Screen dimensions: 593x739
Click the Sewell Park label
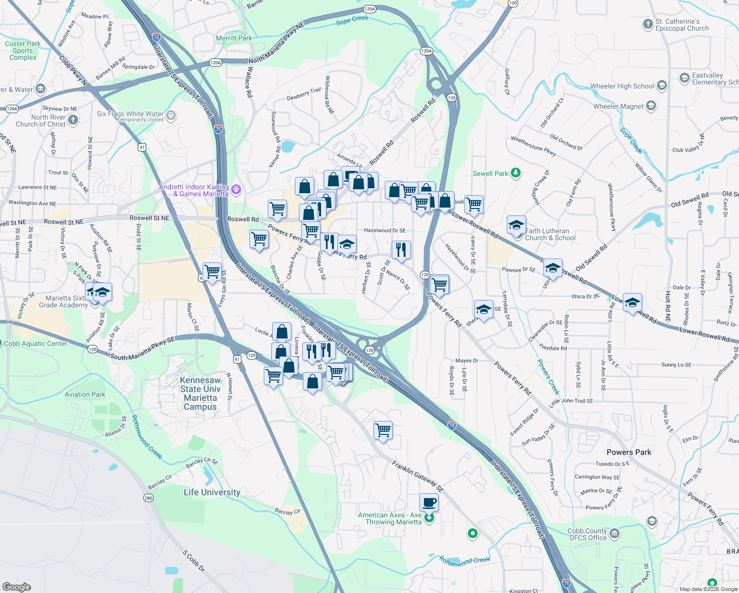490,173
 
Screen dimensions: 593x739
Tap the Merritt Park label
234,38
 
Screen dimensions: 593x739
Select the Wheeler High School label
622,86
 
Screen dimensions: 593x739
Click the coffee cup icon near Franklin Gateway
429,502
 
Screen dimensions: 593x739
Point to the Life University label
212,492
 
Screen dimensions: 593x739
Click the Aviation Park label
85,394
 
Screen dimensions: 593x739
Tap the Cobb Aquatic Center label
36,343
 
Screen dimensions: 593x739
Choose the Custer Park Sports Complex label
23,50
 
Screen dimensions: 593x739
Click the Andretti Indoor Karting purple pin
236,189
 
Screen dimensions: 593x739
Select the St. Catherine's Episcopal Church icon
648,24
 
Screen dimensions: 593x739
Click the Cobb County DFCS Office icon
615,534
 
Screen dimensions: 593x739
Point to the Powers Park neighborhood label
628,452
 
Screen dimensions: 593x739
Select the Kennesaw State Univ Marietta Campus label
200,393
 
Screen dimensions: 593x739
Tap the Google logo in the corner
16,587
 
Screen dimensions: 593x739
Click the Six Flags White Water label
130,114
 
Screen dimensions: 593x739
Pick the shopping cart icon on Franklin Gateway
383,430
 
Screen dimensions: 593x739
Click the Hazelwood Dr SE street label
384,230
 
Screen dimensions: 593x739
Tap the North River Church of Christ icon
73,120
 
